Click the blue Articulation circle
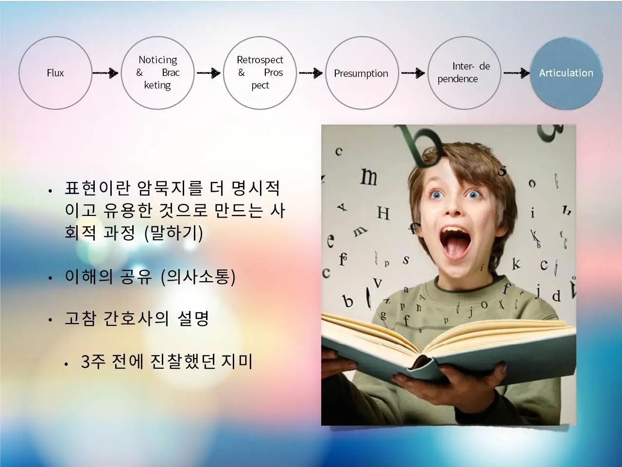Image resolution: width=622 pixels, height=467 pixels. tap(566, 73)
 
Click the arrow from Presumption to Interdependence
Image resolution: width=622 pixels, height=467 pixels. tap(413, 73)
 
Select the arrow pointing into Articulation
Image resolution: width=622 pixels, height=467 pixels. tap(516, 73)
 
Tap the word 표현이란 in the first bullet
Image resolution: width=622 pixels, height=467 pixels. tap(98, 188)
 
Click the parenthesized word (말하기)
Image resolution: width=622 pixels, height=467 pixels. tap(173, 233)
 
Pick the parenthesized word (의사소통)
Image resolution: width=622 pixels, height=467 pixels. tap(198, 277)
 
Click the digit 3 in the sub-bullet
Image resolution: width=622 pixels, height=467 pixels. tap(86, 361)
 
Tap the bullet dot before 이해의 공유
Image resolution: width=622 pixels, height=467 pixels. tap(51, 278)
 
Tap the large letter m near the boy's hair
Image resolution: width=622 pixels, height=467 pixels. tap(369, 177)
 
